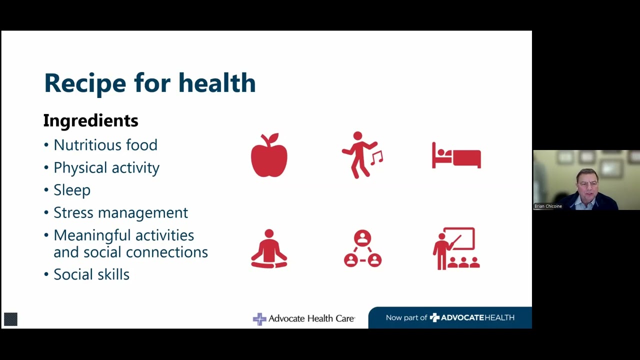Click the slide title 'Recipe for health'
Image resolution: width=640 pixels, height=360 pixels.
[149, 83]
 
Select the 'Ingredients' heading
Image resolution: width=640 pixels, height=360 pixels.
[90, 120]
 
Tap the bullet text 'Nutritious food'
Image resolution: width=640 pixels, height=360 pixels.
[105, 145]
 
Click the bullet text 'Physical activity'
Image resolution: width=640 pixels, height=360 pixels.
[106, 167]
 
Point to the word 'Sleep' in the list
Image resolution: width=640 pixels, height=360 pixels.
[72, 190]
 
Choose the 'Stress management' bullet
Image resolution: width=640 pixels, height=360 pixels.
[120, 212]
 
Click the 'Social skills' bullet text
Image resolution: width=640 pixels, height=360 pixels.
[91, 274]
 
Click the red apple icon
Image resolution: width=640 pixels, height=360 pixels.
[269, 155]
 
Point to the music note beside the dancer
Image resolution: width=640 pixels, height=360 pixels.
[377, 158]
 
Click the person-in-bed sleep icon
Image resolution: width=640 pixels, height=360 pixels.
[456, 156]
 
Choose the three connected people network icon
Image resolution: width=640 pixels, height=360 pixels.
[362, 248]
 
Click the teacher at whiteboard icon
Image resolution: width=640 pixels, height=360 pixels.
[456, 248]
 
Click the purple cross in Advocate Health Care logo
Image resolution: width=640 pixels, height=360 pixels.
[259, 318]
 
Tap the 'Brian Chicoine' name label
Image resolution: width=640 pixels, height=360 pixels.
[548, 206]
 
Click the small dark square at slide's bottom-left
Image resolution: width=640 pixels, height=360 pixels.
[10, 319]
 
